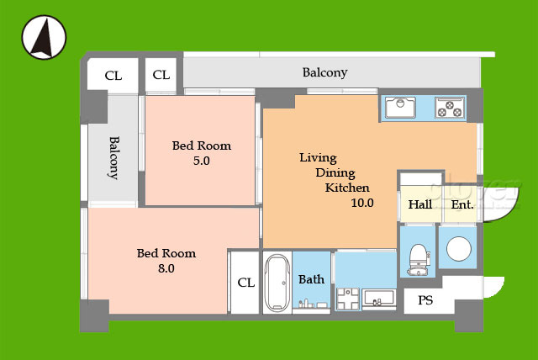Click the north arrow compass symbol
click(x=44, y=37)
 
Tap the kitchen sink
click(x=400, y=107)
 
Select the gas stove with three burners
click(x=450, y=108)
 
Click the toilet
click(x=419, y=259)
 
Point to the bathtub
click(x=277, y=283)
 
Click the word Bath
click(x=311, y=279)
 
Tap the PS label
click(x=425, y=300)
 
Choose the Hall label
click(x=420, y=204)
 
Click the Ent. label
click(x=462, y=205)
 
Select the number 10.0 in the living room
click(x=362, y=203)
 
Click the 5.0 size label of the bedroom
click(x=202, y=161)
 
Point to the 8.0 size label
click(x=166, y=268)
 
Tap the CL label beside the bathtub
click(x=246, y=283)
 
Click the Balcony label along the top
click(x=324, y=72)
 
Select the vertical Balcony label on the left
click(x=113, y=158)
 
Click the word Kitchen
click(x=347, y=188)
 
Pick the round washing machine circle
click(x=459, y=248)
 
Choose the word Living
click(x=318, y=158)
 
